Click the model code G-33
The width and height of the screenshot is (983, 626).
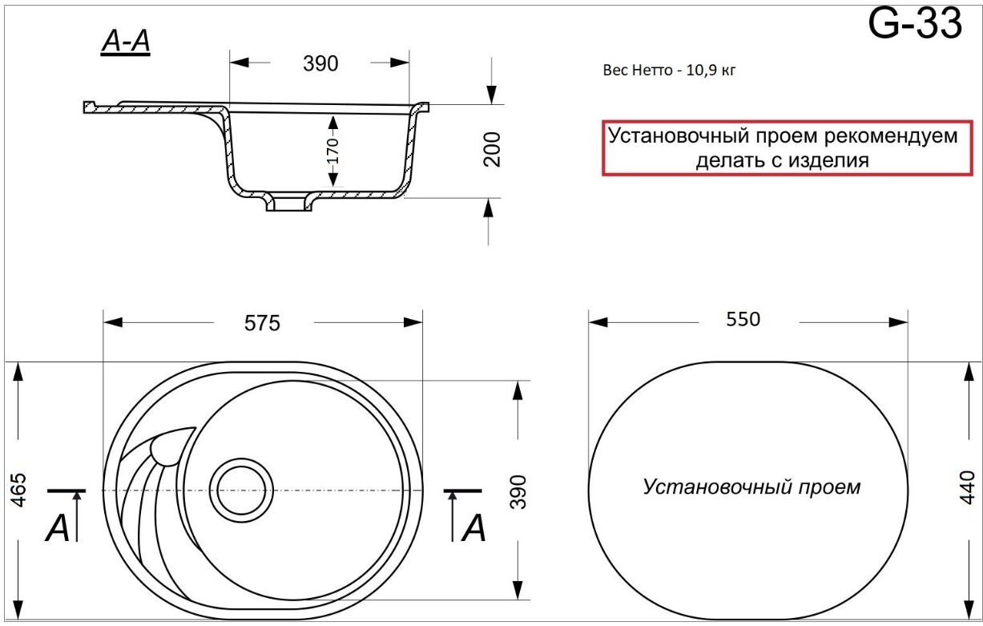[915, 25]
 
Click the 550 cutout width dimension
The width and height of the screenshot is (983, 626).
[743, 319]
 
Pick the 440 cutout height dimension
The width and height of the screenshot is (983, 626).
[968, 487]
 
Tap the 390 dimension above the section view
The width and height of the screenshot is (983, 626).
[320, 64]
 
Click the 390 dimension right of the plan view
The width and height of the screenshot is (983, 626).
[518, 491]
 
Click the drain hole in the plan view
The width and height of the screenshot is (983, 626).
[239, 488]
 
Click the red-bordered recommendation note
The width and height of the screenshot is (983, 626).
[782, 147]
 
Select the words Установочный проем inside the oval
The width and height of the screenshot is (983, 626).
[751, 487]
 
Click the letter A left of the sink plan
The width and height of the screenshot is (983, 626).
[58, 528]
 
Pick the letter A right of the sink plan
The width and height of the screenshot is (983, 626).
[473, 528]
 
